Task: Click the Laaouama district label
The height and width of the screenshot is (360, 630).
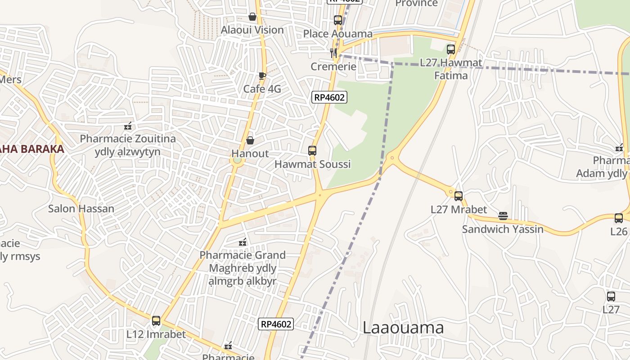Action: tap(403, 328)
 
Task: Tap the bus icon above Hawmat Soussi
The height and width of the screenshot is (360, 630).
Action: tap(312, 151)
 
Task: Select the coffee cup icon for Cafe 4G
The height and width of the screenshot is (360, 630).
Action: tap(262, 76)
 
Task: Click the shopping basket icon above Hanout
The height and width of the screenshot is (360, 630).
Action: tap(250, 140)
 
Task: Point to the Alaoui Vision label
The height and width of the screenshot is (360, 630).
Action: tap(252, 30)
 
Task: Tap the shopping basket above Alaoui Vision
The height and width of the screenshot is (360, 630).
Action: tap(252, 17)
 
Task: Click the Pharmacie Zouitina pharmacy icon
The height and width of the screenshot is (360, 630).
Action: tap(128, 126)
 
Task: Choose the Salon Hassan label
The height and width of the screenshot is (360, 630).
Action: tap(81, 209)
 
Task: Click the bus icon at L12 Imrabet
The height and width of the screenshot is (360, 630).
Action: tap(156, 321)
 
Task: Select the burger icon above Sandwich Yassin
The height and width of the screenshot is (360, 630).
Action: tap(503, 216)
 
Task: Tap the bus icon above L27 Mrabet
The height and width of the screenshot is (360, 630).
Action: tap(459, 196)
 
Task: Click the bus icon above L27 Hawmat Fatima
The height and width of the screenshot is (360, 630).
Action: tap(451, 49)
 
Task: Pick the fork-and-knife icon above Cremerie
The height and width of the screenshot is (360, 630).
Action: tap(334, 53)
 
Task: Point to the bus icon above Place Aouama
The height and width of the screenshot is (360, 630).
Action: tap(338, 20)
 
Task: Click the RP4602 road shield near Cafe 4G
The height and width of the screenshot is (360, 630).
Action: tap(329, 97)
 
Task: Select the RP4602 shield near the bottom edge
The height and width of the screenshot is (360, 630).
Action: tap(276, 324)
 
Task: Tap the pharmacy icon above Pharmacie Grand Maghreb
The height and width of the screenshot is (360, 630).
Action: tap(243, 242)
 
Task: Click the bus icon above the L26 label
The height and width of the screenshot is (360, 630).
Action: tap(619, 218)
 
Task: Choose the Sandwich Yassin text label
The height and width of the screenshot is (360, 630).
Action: tap(503, 229)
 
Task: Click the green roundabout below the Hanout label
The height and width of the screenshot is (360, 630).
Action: tap(237, 160)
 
